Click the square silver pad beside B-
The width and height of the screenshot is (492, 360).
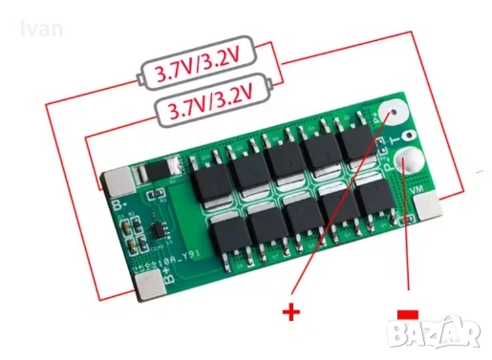click(x=118, y=181)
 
